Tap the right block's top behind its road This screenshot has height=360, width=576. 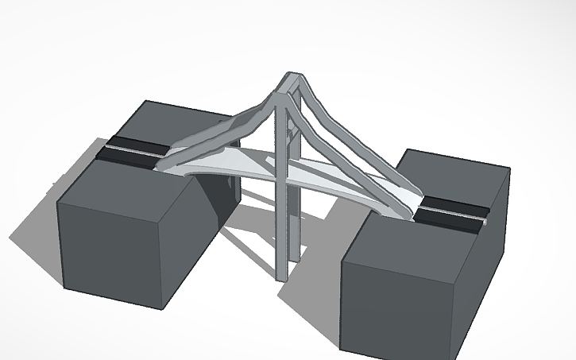coord(453,175)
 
